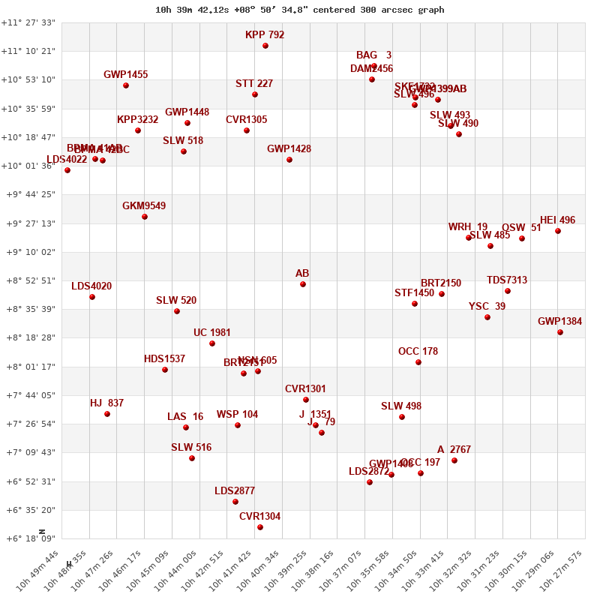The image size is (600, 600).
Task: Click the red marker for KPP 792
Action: (265, 46)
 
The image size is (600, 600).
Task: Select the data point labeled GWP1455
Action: (126, 85)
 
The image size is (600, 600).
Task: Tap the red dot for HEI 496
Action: (558, 231)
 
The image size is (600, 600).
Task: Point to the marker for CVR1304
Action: (260, 527)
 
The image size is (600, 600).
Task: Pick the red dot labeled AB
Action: (303, 284)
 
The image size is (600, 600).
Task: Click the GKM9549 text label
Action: (144, 206)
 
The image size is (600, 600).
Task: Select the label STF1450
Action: (414, 293)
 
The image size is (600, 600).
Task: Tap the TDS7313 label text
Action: (507, 280)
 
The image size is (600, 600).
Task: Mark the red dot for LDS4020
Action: (92, 297)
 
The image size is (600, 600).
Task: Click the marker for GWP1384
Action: (560, 332)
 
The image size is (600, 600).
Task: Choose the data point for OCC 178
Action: (418, 362)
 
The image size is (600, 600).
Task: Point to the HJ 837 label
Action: (106, 403)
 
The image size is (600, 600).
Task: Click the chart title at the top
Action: (300, 10)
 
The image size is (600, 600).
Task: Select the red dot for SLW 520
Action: (177, 311)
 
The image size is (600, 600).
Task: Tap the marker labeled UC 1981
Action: (212, 343)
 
